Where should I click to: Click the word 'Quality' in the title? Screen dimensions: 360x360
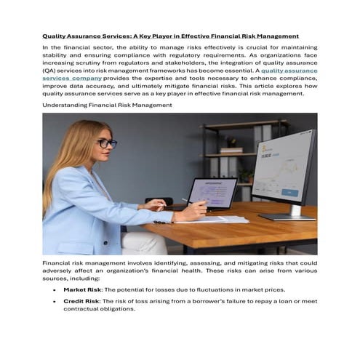(52, 36)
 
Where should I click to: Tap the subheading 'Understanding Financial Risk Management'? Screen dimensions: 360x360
(107, 105)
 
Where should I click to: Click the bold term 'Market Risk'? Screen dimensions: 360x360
(82, 289)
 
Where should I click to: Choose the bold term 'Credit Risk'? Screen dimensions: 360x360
(81, 300)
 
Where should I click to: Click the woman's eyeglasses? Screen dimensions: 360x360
(106, 143)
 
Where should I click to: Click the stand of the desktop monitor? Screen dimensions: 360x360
(290, 212)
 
